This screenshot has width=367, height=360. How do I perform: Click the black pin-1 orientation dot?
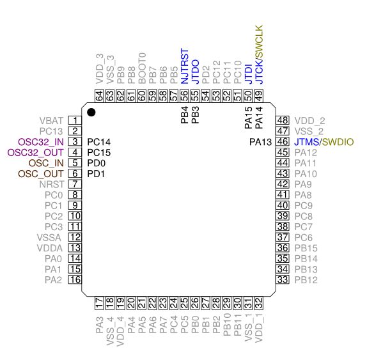tap(91, 113)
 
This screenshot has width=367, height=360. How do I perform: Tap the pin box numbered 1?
tap(75, 121)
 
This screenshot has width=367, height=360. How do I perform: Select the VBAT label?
tap(51, 121)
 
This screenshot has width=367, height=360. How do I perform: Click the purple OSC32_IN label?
tap(41, 142)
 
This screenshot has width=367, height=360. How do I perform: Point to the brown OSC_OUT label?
tap(41, 174)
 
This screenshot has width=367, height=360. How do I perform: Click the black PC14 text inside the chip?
tap(98, 142)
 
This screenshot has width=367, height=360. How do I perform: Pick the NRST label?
tap(52, 184)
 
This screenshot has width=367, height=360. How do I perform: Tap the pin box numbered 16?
tap(75, 279)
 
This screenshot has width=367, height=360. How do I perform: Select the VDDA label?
tap(50, 248)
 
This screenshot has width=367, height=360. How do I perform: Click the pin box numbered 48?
tap(283, 121)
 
